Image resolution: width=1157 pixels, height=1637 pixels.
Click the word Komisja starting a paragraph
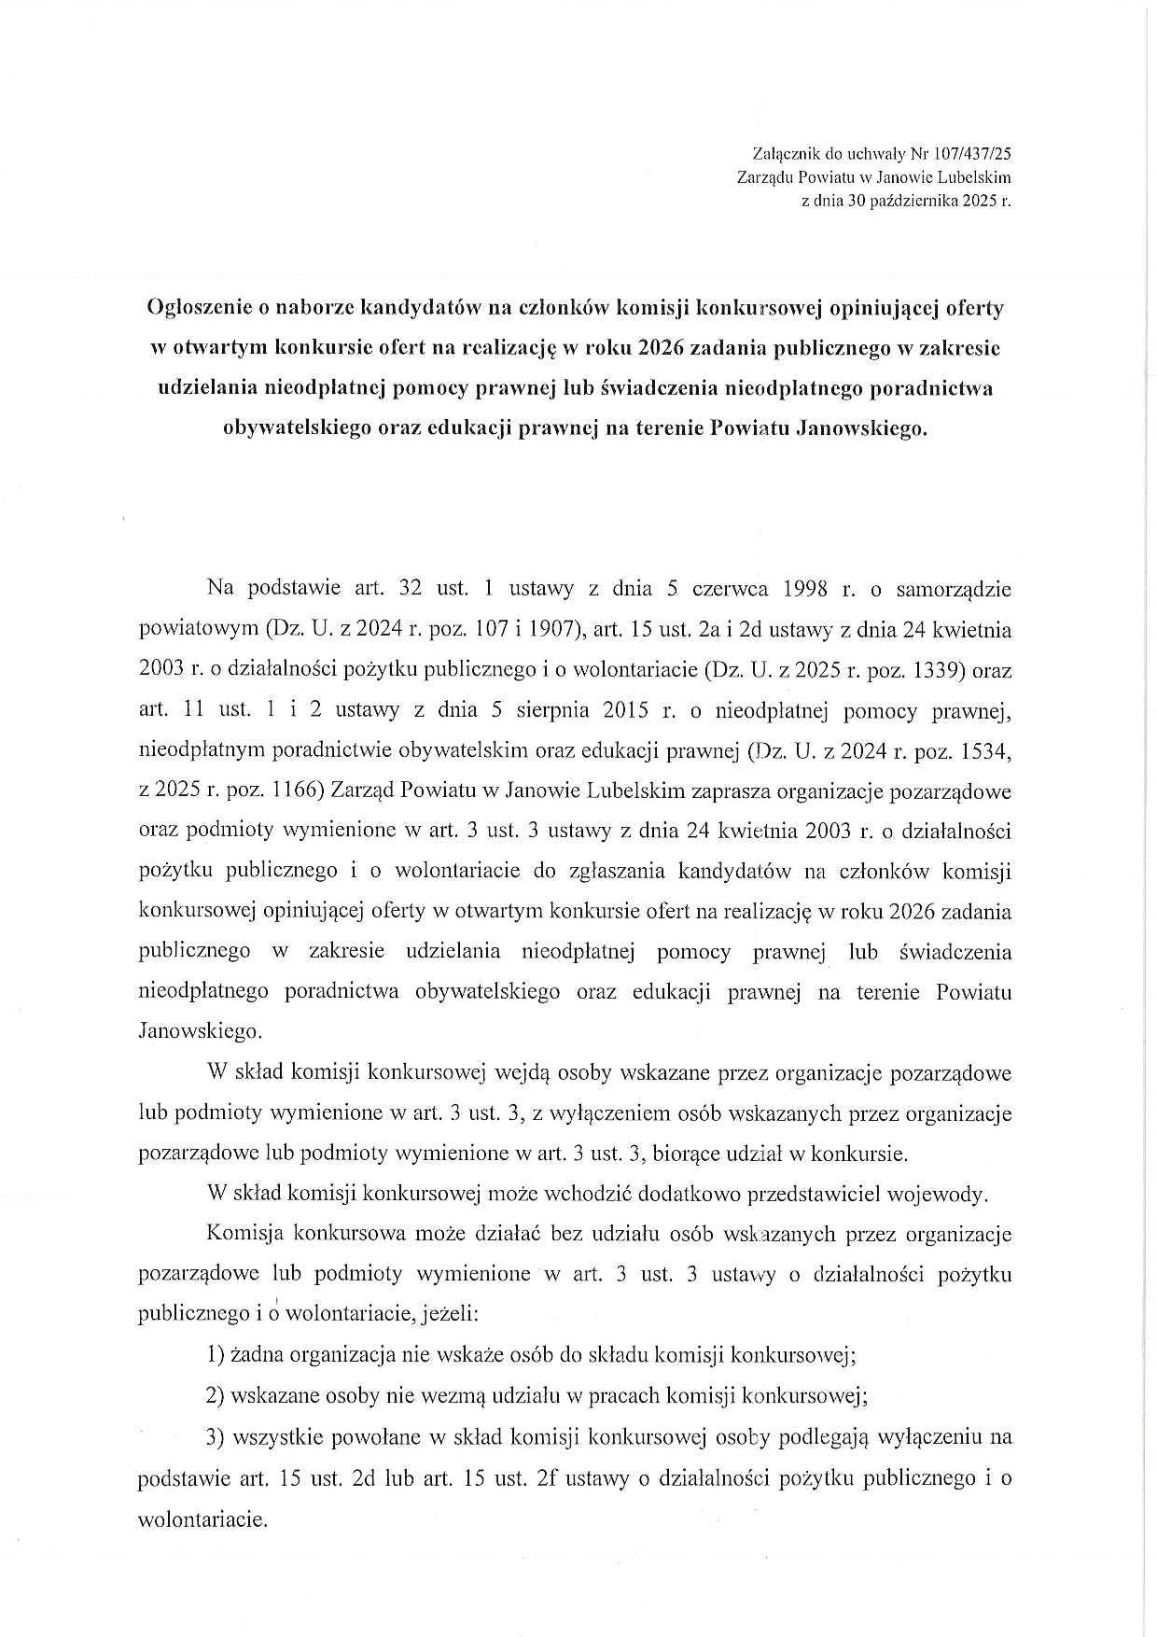[x=243, y=1234]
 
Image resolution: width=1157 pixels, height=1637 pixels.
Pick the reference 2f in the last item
[x=548, y=1477]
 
